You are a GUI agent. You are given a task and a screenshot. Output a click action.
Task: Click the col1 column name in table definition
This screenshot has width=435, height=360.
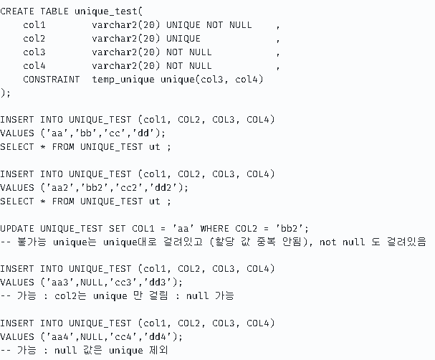pyautogui.click(x=34, y=24)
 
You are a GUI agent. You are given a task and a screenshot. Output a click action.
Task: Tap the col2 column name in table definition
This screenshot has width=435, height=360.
pyautogui.click(x=34, y=38)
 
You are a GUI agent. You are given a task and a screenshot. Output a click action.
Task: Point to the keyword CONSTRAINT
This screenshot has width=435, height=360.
pyautogui.click(x=51, y=79)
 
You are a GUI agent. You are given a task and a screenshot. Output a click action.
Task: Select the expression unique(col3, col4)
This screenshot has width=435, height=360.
pyautogui.click(x=211, y=79)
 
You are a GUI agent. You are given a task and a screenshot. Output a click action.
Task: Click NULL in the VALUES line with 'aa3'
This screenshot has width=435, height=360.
pyautogui.click(x=92, y=282)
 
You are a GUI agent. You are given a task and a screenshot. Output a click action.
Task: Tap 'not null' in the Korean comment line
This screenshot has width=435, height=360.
pyautogui.click(x=346, y=242)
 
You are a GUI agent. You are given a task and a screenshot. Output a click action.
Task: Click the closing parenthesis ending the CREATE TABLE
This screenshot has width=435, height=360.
pyautogui.click(x=3, y=93)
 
